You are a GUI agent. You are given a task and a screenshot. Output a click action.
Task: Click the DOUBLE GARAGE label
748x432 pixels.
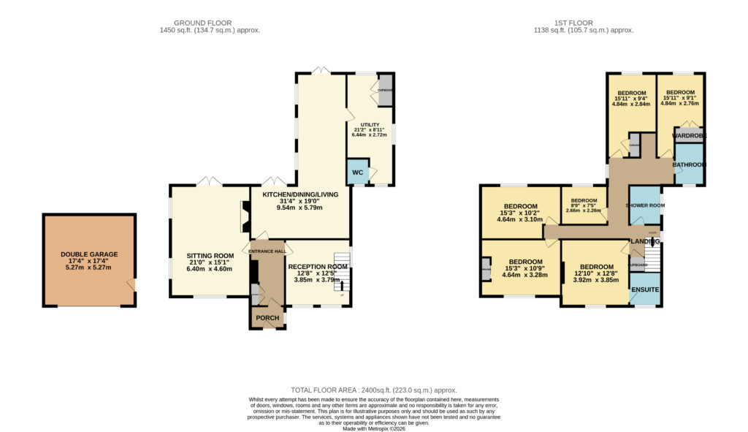pos(89,254)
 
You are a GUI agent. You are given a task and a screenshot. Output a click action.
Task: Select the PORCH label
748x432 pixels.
pos(267,318)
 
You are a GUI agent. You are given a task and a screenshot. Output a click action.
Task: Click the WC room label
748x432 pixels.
pos(358,173)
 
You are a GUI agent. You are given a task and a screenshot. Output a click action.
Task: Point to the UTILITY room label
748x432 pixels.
pos(370,125)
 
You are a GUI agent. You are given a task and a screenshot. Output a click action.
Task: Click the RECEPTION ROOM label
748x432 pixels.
pos(317,267)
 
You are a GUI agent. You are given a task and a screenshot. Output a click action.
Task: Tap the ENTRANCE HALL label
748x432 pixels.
pos(267,251)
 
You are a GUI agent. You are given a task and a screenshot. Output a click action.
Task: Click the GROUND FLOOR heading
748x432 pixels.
pos(209,23)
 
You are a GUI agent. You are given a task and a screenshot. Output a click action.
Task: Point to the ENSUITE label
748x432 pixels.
pos(645,290)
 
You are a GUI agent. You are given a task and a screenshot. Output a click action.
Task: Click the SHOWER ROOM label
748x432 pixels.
pos(645,205)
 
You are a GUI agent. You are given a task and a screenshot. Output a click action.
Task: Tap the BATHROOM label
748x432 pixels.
pos(689,165)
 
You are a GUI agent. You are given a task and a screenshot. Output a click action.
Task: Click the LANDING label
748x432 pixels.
pos(646,241)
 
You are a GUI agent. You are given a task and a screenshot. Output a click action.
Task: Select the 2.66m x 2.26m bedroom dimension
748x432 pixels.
pos(584,211)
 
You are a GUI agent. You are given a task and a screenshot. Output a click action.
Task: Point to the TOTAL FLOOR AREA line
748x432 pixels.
pos(373,390)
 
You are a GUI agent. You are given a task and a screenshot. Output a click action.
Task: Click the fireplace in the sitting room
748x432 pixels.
pos(244,217)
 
